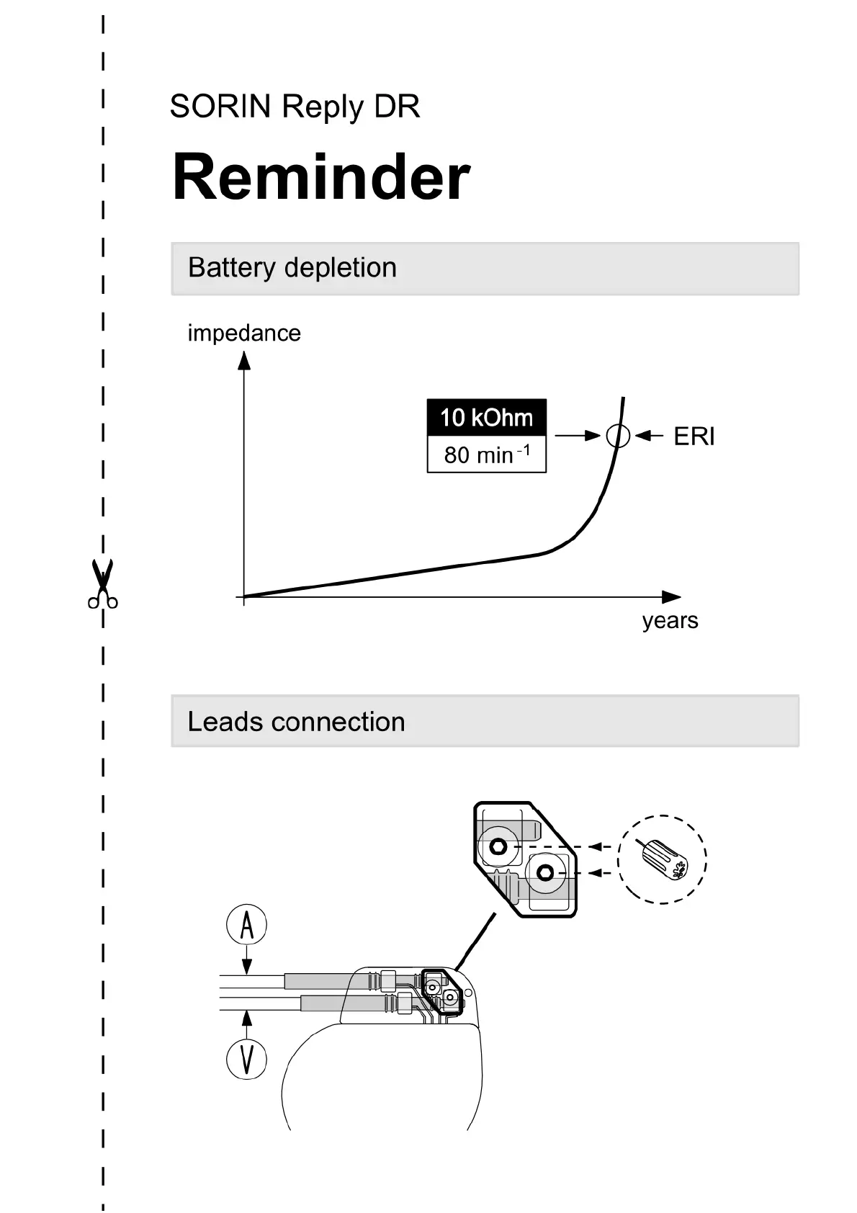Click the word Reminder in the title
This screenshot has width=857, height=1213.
click(x=321, y=177)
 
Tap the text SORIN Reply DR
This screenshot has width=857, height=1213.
click(x=295, y=107)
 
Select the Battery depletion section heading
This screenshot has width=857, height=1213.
click(x=292, y=268)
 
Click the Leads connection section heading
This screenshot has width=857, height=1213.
click(x=296, y=722)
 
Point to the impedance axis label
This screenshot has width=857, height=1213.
click(x=244, y=334)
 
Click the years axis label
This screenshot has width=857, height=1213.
click(x=670, y=620)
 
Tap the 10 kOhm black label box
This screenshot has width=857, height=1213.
click(x=486, y=418)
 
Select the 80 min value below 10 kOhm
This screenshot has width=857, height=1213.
click(x=486, y=455)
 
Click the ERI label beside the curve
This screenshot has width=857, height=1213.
click(x=694, y=437)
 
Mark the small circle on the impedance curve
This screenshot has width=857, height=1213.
click(x=618, y=436)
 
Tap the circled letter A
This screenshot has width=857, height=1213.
click(x=247, y=926)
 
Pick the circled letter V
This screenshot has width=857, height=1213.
click(x=247, y=1060)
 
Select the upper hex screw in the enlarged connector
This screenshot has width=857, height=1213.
click(x=497, y=847)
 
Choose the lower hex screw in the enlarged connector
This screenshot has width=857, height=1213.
click(x=545, y=873)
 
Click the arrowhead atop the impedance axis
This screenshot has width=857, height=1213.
click(x=244, y=360)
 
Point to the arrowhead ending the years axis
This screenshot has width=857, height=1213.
click(x=670, y=597)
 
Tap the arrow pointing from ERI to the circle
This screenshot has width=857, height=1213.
click(x=650, y=436)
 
